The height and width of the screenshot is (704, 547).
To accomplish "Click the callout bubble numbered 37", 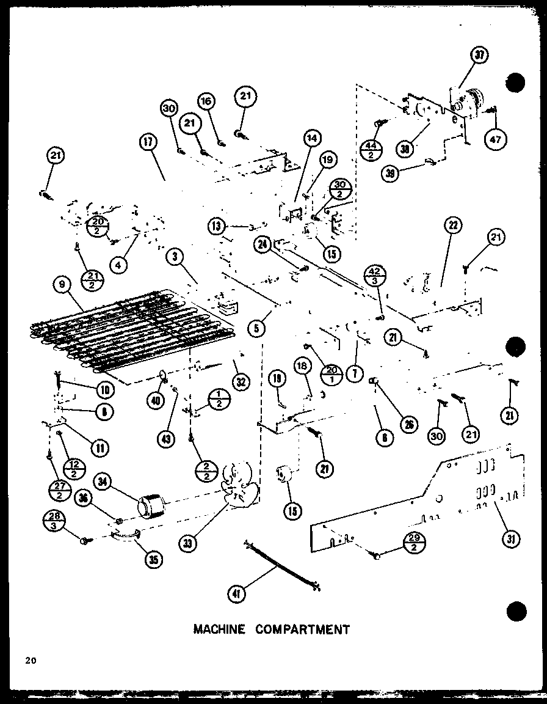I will (480, 56).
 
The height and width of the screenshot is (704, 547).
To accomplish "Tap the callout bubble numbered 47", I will (494, 139).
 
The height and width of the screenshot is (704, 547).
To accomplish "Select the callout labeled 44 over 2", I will (371, 149).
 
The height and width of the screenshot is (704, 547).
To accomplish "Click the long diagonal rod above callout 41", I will (282, 566).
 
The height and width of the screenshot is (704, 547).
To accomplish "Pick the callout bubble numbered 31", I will (510, 538).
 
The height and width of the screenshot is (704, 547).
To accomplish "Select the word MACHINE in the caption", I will (219, 629).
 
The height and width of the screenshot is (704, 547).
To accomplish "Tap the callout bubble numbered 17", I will (148, 142).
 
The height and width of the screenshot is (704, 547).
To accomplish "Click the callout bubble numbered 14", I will (312, 139).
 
